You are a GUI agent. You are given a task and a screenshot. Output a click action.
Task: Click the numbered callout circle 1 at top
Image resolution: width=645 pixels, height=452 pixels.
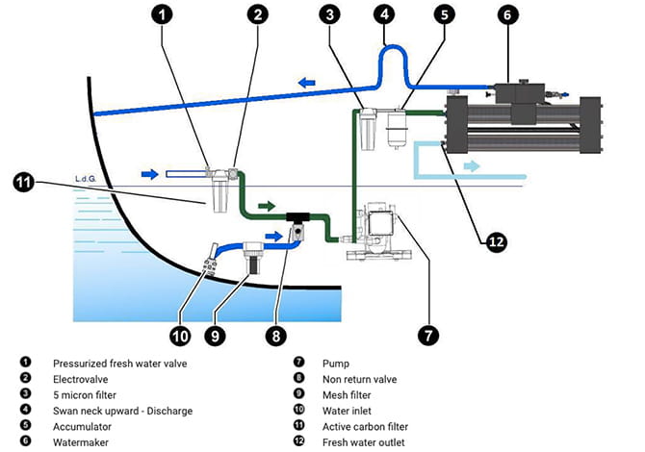click(165, 14)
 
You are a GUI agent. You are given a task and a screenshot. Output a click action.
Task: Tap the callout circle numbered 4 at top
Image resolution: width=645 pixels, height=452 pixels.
click(385, 14)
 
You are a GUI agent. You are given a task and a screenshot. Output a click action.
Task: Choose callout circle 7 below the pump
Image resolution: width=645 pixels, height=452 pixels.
click(427, 335)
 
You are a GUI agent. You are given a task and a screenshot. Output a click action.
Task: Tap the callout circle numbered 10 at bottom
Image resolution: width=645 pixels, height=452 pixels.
click(179, 336)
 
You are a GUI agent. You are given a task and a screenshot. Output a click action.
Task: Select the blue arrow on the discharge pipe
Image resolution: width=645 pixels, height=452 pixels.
click(307, 84)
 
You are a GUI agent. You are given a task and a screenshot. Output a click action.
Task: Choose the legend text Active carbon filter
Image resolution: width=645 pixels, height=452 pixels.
click(367, 426)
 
